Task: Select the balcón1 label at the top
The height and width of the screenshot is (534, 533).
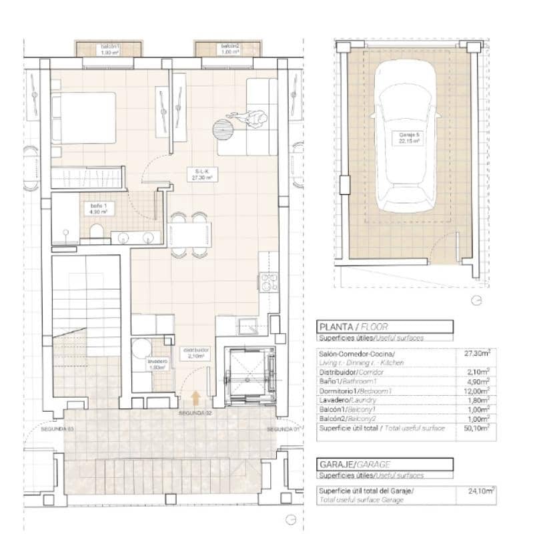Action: pos(109,49)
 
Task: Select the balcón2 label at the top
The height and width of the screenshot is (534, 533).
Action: pos(230,49)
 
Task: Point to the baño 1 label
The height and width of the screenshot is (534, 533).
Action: pos(99,208)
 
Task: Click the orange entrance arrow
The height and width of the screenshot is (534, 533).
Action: pos(195,399)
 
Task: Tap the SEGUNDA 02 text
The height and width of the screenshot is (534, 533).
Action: pos(195,414)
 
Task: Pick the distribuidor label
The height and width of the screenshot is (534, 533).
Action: pos(197,352)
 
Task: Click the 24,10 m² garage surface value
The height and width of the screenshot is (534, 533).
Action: pos(480,491)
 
